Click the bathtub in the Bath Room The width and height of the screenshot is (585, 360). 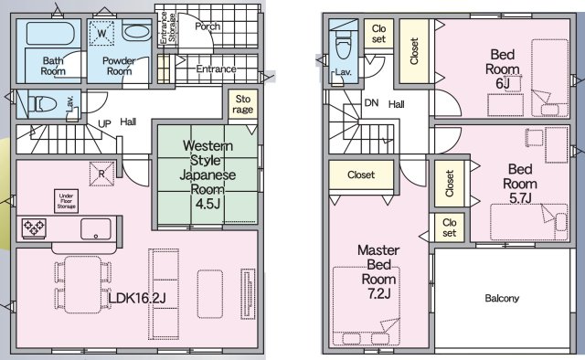(x=50, y=34)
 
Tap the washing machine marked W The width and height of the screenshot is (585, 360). (x=101, y=34)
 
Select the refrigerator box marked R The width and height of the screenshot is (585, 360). (x=101, y=174)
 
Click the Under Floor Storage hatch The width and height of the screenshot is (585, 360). (x=66, y=201)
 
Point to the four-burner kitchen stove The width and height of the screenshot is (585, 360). (x=34, y=228)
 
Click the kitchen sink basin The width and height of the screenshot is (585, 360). (x=96, y=228)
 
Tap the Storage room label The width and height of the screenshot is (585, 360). (x=243, y=104)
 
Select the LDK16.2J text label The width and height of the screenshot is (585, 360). (x=137, y=298)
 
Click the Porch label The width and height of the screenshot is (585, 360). (x=207, y=26)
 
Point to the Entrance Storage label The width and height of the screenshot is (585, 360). (x=167, y=27)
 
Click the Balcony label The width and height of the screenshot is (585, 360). (x=502, y=298)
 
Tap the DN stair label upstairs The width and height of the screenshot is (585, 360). (x=371, y=102)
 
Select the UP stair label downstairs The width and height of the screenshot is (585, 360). (x=104, y=123)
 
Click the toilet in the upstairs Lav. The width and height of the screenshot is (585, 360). (x=344, y=46)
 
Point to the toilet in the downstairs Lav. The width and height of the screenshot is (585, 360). (x=42, y=104)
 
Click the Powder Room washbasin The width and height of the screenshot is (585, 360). (x=136, y=32)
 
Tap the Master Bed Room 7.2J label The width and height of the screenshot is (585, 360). (x=378, y=271)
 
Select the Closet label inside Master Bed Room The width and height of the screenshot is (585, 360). (x=361, y=175)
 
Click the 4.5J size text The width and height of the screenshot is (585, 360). (x=208, y=204)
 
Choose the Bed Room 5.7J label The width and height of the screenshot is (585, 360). (x=520, y=184)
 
